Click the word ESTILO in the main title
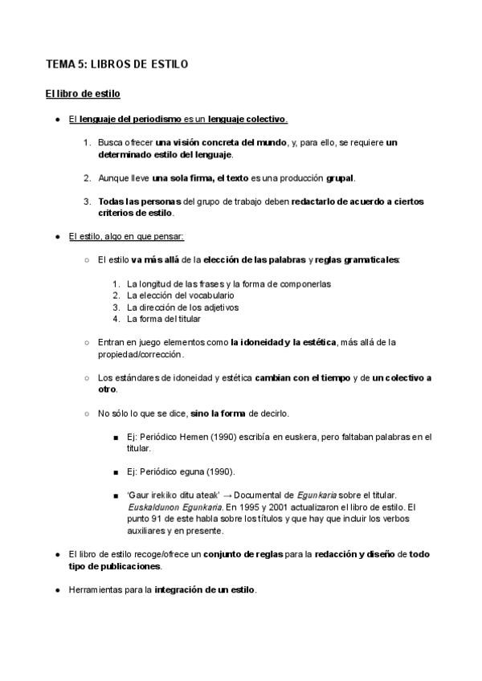pos(170,64)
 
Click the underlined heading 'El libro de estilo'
pos(83,95)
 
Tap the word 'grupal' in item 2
pos(339,177)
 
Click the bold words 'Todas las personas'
pos(140,202)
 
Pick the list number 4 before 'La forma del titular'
pos(116,319)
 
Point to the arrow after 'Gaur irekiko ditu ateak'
pos(227,495)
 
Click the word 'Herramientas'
pos(96,590)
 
